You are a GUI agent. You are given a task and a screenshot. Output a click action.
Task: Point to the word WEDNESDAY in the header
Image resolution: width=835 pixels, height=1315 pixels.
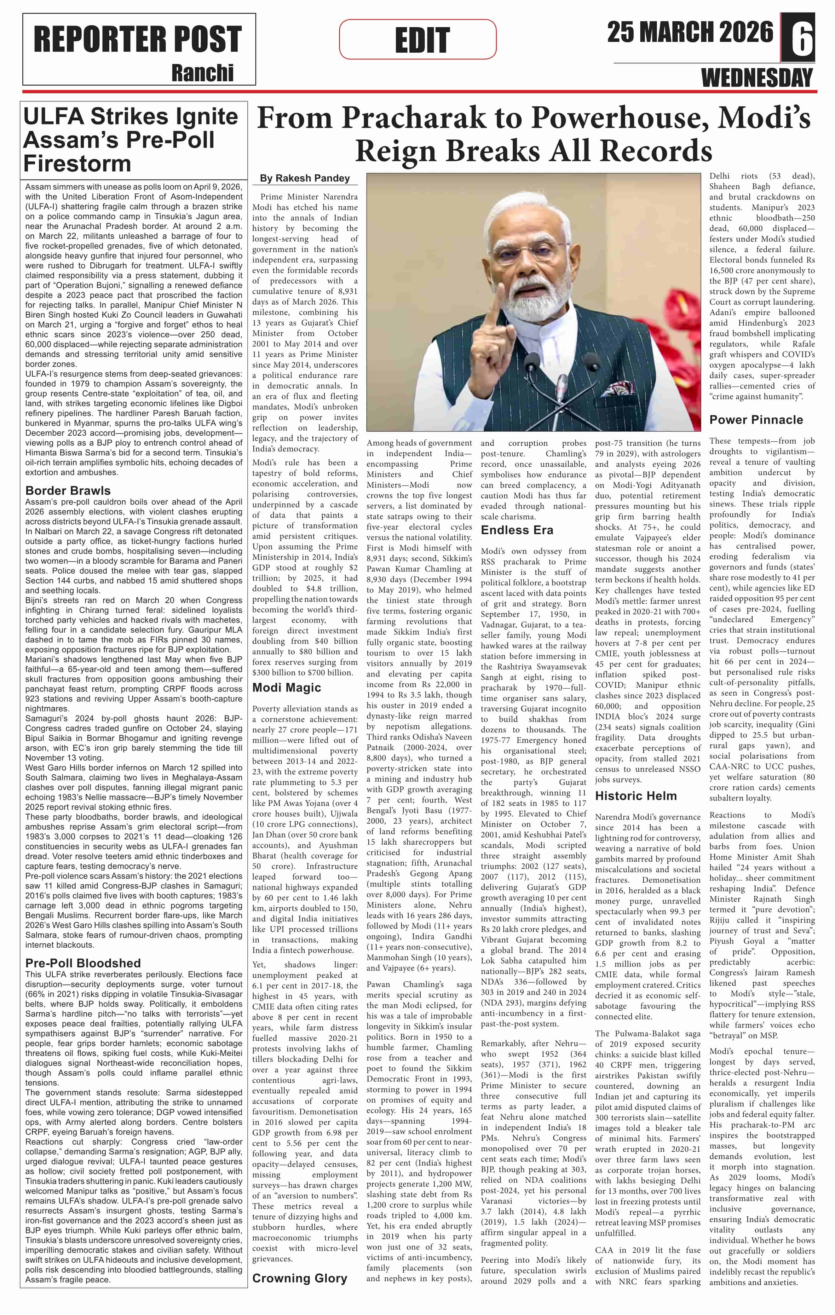(x=757, y=78)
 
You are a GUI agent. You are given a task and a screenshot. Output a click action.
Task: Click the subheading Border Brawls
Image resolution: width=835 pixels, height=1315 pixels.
(x=68, y=491)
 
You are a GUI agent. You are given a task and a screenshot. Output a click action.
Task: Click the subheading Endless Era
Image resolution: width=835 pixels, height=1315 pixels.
(x=517, y=530)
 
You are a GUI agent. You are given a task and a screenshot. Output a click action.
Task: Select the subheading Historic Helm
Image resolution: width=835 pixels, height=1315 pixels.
(x=636, y=796)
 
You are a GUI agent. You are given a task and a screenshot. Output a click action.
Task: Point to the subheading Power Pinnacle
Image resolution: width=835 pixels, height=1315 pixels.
(x=756, y=419)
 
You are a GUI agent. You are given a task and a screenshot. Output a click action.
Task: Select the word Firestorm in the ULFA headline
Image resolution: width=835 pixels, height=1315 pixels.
(x=77, y=163)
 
